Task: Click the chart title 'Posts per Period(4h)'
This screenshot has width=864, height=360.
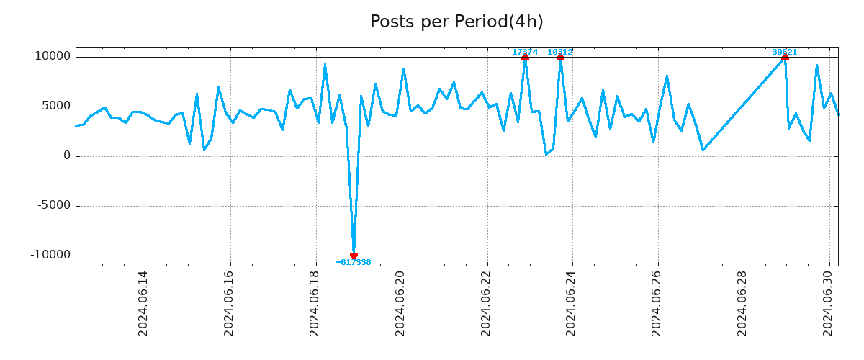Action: [456, 22]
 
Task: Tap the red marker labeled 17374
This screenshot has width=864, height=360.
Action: [525, 56]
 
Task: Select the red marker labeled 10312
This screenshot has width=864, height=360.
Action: [560, 56]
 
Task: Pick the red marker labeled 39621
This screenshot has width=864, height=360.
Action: [785, 56]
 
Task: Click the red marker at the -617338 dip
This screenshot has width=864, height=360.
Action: [354, 256]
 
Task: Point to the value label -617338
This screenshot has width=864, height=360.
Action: [354, 263]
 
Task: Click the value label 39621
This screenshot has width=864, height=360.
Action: [785, 52]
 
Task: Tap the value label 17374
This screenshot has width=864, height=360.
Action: [525, 52]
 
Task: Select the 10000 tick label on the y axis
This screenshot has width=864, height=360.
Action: [53, 56]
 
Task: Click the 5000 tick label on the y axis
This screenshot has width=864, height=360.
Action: [55, 106]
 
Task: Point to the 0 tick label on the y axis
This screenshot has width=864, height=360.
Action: [67, 156]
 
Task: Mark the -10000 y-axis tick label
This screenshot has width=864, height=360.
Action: [50, 255]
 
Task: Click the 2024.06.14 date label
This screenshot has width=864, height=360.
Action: [143, 303]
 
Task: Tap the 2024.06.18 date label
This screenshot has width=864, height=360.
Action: [314, 303]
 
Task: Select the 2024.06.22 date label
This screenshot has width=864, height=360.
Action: [485, 303]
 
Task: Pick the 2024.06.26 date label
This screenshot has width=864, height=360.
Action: [657, 303]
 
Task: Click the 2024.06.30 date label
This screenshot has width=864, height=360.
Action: [828, 303]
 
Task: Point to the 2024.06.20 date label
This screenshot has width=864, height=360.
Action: [400, 303]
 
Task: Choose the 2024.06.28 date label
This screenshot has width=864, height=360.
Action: [742, 303]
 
